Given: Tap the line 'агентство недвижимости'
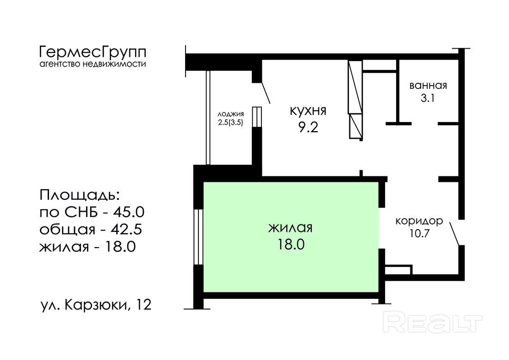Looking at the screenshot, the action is click(x=93, y=64).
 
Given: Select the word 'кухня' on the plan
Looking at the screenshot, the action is click(x=308, y=111).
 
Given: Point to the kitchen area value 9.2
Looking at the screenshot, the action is click(x=308, y=127).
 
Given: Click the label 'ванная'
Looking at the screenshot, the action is click(x=428, y=86).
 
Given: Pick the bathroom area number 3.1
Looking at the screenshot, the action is click(x=428, y=98).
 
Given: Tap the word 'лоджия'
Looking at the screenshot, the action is click(x=230, y=114).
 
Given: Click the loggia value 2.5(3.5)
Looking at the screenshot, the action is click(x=230, y=122).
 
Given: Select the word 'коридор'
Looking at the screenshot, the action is click(x=419, y=221).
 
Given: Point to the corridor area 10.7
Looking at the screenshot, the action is click(x=419, y=233).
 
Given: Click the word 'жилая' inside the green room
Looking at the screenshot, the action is click(x=290, y=228).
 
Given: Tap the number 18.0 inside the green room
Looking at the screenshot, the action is click(x=291, y=244).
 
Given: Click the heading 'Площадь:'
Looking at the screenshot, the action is click(x=80, y=196).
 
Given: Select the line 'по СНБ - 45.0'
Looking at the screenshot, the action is click(x=92, y=212).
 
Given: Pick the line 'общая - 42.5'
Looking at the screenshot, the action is click(x=91, y=230).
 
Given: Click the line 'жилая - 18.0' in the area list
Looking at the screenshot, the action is click(x=87, y=247).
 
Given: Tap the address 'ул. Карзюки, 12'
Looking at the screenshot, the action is click(x=96, y=305).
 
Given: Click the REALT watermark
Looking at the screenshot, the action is click(x=433, y=322).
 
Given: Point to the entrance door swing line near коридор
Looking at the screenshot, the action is click(x=454, y=234).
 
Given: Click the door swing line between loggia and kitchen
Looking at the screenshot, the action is click(x=266, y=93).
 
